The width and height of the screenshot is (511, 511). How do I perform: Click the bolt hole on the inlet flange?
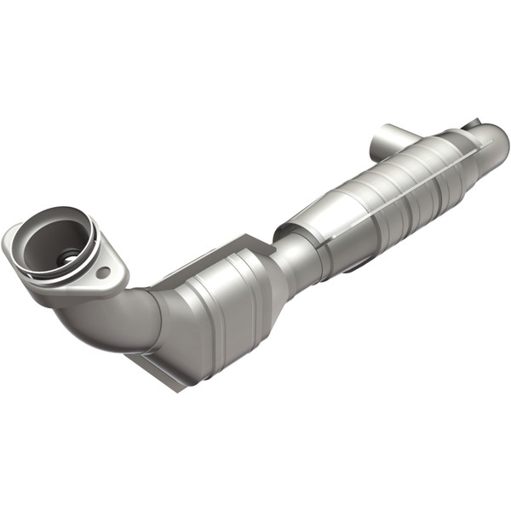[x=103, y=273]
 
